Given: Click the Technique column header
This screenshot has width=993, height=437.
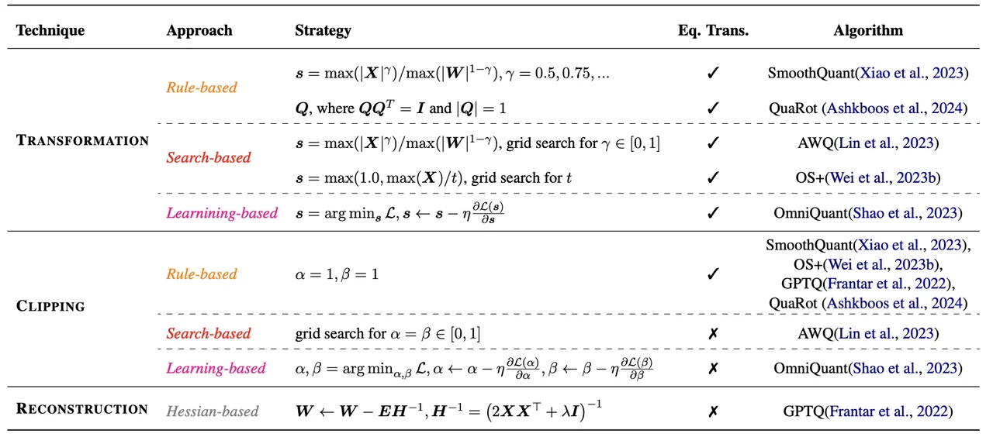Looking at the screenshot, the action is pyautogui.click(x=50, y=30).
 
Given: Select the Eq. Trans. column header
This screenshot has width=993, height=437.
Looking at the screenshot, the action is pyautogui.click(x=713, y=30).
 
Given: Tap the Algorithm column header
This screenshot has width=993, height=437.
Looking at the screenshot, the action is pyautogui.click(x=868, y=30).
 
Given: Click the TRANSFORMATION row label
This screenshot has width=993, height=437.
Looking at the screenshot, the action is pyautogui.click(x=82, y=140).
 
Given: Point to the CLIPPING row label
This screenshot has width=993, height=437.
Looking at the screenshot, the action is pyautogui.click(x=50, y=306).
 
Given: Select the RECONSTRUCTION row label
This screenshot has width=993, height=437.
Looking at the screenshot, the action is pyautogui.click(x=82, y=408).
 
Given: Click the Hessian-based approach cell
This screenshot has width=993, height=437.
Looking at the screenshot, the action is pyautogui.click(x=213, y=411).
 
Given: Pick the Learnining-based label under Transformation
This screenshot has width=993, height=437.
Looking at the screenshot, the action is pyautogui.click(x=222, y=213).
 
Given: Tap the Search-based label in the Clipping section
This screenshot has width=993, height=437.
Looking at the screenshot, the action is pyautogui.click(x=209, y=333).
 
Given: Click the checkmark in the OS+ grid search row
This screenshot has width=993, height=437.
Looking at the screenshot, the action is pyautogui.click(x=713, y=177).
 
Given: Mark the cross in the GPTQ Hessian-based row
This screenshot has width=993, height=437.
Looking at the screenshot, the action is pyautogui.click(x=713, y=411).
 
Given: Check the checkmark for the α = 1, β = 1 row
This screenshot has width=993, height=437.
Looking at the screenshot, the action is pyautogui.click(x=713, y=274).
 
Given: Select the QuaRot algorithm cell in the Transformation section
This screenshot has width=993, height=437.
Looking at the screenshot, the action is pyautogui.click(x=868, y=108).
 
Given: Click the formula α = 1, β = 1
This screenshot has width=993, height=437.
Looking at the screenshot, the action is pyautogui.click(x=337, y=274).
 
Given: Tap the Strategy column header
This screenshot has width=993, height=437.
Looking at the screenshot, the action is pyautogui.click(x=323, y=30).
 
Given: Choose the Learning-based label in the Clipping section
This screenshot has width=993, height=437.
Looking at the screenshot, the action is pyautogui.click(x=216, y=368).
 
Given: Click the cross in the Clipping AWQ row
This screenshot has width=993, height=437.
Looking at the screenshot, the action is pyautogui.click(x=713, y=333).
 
